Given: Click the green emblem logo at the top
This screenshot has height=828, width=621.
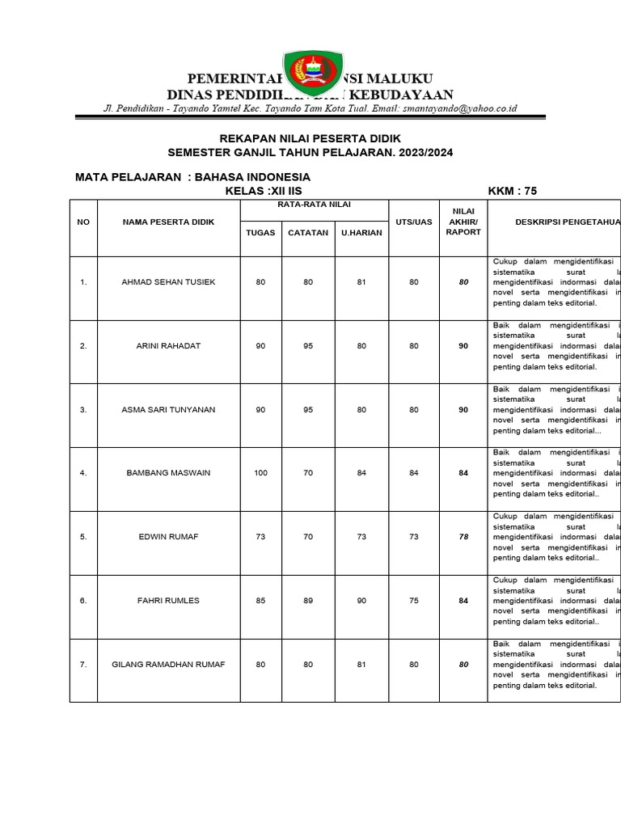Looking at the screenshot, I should point(313,74).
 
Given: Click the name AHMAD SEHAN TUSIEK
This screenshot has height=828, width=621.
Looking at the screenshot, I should point(168,282).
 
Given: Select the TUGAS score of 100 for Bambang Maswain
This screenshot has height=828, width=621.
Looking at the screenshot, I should point(260,473).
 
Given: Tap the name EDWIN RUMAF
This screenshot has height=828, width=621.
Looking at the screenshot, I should point(168,536).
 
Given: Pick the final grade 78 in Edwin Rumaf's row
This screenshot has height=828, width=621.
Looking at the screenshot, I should point(463,536).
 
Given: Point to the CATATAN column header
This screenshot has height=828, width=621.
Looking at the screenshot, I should point(308,233).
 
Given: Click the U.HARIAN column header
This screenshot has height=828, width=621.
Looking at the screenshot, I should point(361,233).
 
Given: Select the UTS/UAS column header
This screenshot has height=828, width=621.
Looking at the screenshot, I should point(414,222).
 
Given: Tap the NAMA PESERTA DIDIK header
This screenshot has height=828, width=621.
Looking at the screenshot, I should point(168,222).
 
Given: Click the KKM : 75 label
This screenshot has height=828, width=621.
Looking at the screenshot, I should point(513,191).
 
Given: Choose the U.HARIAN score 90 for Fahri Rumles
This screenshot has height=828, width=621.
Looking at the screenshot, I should point(361,600).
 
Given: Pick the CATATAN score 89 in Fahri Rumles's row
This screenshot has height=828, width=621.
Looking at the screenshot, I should point(308,600).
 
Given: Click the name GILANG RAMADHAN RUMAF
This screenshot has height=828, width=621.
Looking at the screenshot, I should point(168,664).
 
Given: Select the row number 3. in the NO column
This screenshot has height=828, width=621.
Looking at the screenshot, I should point(83,409).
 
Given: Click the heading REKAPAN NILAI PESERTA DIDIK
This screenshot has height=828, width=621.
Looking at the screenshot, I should point(310,138).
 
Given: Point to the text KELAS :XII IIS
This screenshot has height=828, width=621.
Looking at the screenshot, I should point(263,191).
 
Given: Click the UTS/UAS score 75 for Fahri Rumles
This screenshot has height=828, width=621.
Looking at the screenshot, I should point(414,600).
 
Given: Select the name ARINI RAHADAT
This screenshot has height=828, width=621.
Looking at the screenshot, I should point(168,346).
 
